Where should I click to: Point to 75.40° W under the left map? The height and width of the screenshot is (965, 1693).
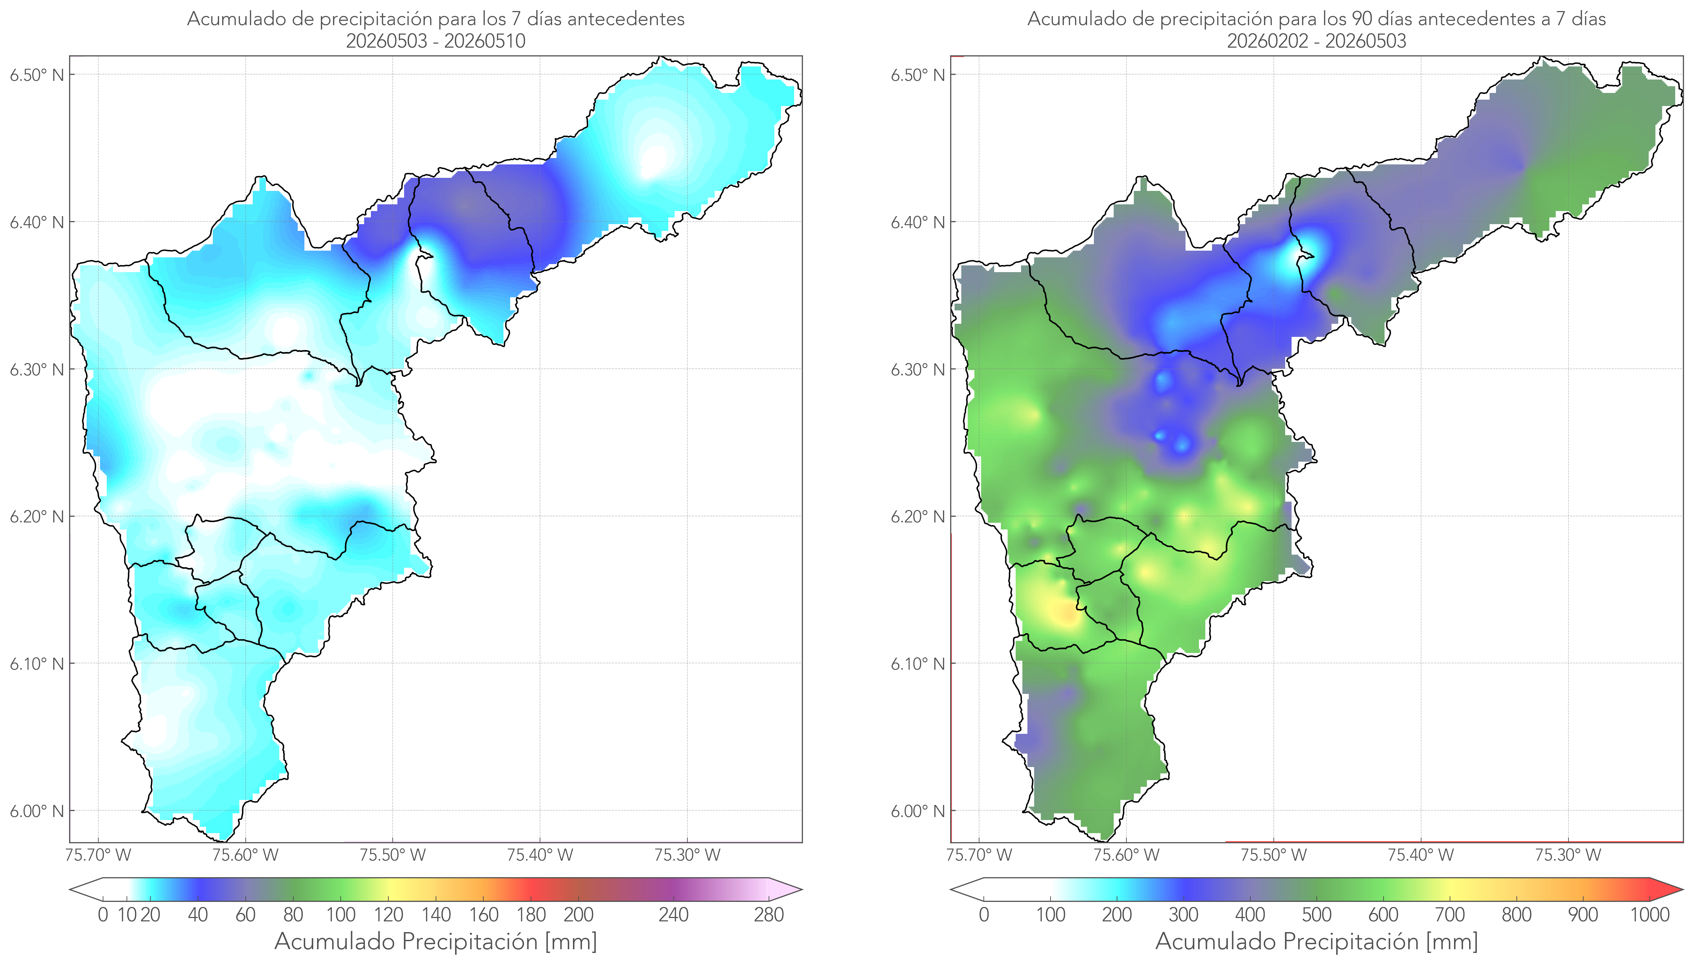[x=540, y=855]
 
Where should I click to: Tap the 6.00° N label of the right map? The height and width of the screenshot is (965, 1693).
[x=918, y=811]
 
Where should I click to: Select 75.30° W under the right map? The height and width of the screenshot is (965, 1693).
[x=1568, y=855]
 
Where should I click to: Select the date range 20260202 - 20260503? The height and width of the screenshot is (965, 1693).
[x=1316, y=41]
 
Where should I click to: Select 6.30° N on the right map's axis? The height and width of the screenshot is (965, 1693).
[x=918, y=369]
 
